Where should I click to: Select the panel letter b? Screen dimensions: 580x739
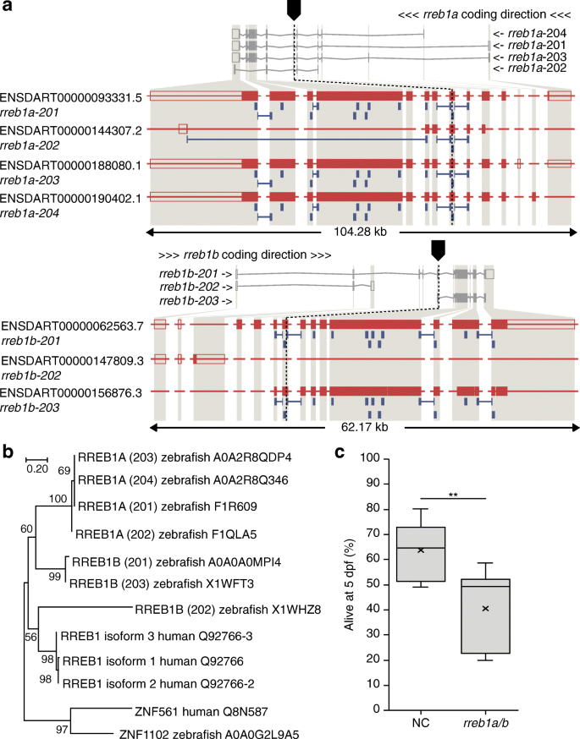click(8, 452)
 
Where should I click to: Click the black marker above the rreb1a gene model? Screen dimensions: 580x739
click(294, 8)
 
